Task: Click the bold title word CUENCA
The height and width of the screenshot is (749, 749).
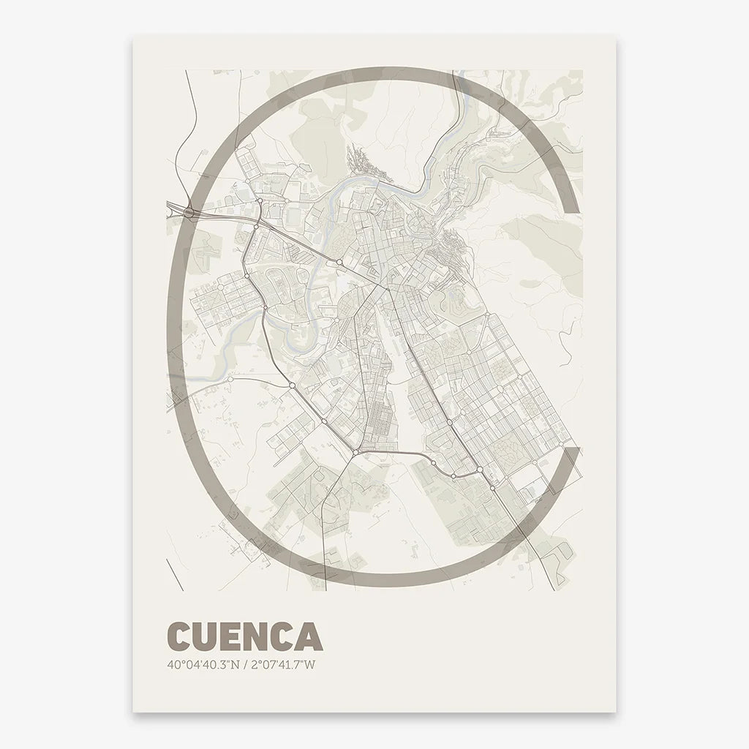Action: [244, 636]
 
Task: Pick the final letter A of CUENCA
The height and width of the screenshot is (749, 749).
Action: [310, 636]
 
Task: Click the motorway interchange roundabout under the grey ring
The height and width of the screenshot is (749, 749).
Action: [189, 212]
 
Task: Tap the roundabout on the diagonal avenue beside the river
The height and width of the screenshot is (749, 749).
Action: [339, 262]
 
